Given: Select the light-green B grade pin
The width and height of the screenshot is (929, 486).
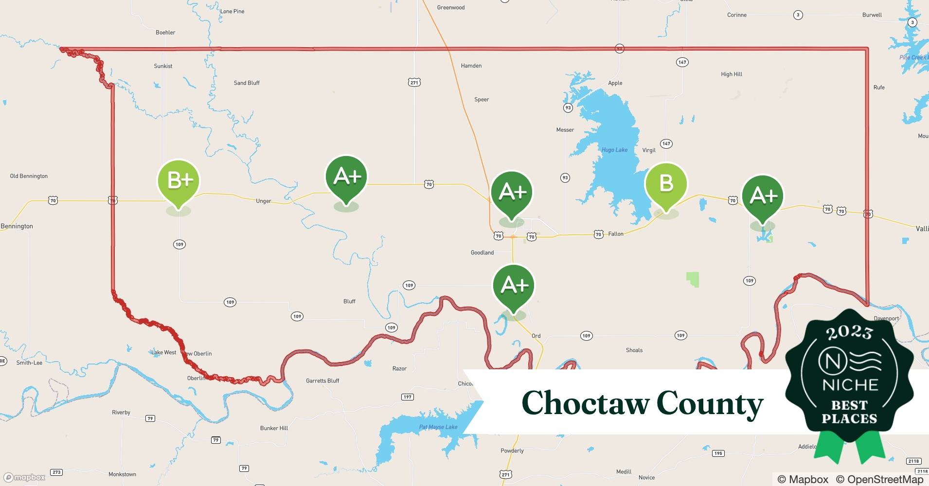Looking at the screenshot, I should tap(665, 184).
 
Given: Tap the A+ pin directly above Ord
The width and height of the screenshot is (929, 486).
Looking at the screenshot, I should tap(513, 285).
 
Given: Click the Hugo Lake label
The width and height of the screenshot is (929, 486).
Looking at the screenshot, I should tap(614, 150).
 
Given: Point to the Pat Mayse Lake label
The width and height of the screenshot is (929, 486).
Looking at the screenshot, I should tap(438, 427).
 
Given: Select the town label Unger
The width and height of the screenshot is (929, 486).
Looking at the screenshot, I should tap(263, 201).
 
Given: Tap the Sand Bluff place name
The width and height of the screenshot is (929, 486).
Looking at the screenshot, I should tap(247, 83).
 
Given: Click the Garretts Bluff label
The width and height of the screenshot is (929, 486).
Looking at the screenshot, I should tap(322, 381).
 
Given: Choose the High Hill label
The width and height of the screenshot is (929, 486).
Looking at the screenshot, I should tap(731, 74).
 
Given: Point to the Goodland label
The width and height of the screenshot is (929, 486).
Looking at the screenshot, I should tap(482, 253).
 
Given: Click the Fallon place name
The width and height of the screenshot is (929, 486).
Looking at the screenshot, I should tap(615, 234).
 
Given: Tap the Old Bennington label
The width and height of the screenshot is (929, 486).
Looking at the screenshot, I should tap(29, 176).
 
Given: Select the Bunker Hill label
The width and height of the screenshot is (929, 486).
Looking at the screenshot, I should tap(274, 428).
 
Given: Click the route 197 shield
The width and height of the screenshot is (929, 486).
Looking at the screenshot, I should tap(407, 397).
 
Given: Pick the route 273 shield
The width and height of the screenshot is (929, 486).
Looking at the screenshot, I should tap(56, 472).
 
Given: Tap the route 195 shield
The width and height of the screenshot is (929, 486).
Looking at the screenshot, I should tap(718, 453).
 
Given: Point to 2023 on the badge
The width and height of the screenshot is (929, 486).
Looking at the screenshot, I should tap(849, 332).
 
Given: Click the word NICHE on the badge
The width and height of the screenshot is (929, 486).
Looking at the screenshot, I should tap(850, 385).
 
